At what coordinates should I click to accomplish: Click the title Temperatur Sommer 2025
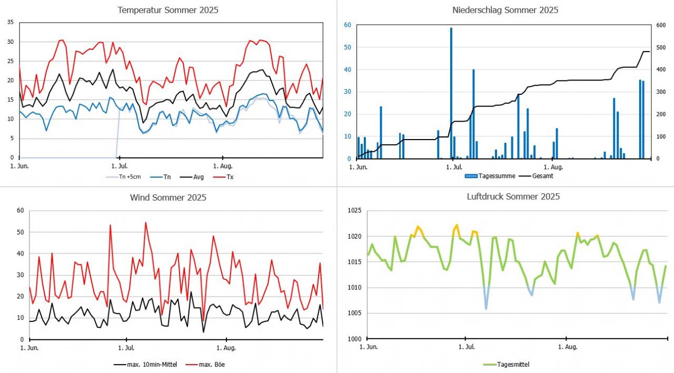(x=168, y=10)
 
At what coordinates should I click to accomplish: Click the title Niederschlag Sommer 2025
(x=505, y=10)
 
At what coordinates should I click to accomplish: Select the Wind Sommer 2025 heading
(x=168, y=198)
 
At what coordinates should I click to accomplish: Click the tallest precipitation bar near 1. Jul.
(x=451, y=93)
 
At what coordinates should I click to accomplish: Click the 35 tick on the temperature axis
(x=11, y=22)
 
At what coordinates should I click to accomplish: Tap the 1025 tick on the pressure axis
(x=354, y=211)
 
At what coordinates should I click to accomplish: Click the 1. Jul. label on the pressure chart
(x=467, y=347)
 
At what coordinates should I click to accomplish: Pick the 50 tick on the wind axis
(x=21, y=232)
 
